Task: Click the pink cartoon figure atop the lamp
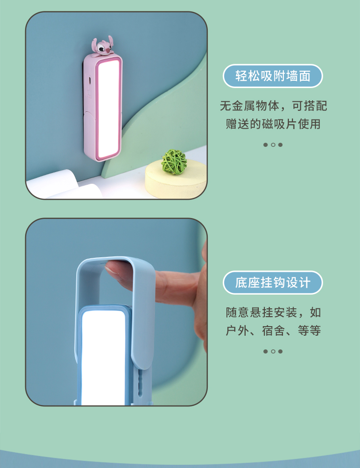tap(102, 46)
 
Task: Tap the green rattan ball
tap(174, 162)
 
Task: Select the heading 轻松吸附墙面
tap(273, 76)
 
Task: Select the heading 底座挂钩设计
tap(273, 282)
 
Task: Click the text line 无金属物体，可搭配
tap(273, 106)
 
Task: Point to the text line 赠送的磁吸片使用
tap(273, 124)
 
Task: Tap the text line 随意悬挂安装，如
tap(273, 312)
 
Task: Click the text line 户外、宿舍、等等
tap(273, 331)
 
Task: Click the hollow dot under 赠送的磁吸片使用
tap(273, 145)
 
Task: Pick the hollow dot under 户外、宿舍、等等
tap(273, 351)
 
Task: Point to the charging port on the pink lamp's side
tap(89, 80)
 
